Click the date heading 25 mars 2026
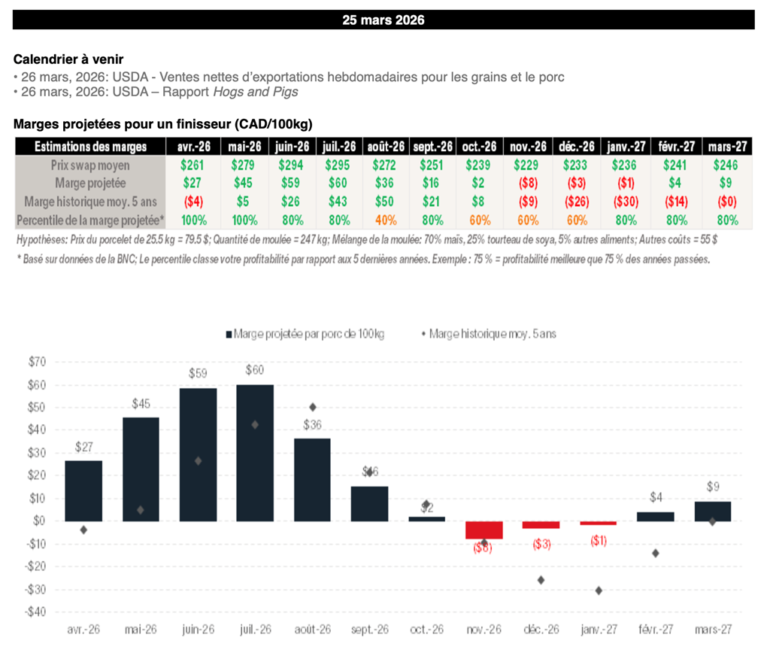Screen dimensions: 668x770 383,20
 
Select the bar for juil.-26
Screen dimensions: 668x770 255,452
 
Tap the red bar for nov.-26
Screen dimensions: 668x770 484,530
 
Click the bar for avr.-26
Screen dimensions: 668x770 83,490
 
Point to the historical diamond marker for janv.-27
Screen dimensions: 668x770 599,591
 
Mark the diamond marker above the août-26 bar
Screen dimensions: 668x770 312,407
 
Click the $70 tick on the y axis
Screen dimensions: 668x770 35,362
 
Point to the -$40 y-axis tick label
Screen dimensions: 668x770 35,612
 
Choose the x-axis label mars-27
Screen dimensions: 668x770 713,630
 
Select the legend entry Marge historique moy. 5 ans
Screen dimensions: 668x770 492,333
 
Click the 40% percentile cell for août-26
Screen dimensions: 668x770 387,220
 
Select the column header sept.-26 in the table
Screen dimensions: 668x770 433,147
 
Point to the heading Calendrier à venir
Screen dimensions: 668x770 68,59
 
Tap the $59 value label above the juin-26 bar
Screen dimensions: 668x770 199,372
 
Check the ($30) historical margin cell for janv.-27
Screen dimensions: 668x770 629,202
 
